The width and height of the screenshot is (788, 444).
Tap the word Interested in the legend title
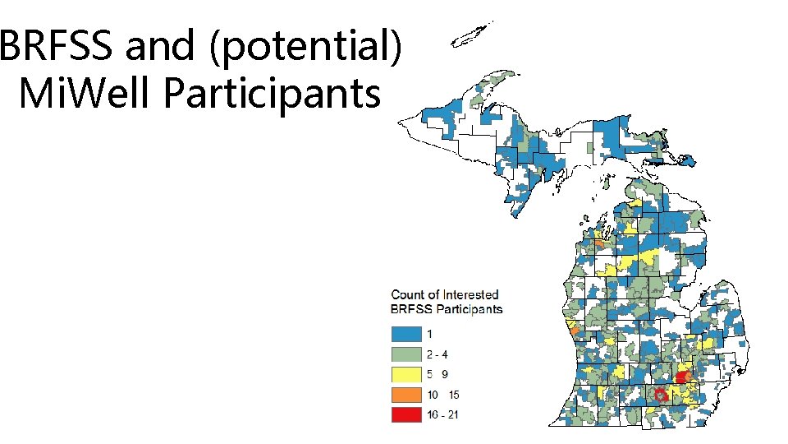[x=470, y=294]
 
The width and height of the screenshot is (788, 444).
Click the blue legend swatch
[x=406, y=334]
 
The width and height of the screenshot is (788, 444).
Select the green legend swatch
[x=406, y=354]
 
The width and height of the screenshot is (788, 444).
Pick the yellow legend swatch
[x=406, y=375]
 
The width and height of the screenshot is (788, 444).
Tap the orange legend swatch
[x=406, y=395]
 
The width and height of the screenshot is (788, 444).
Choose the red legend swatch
[x=406, y=415]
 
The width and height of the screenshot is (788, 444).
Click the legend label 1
[x=429, y=334]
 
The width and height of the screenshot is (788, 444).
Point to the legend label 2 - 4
[x=438, y=354]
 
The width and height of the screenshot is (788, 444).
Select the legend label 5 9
[x=438, y=375]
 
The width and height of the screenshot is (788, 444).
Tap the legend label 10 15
[x=442, y=395]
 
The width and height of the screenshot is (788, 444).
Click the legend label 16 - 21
[x=443, y=415]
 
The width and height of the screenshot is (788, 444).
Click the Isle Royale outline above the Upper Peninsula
[x=470, y=35]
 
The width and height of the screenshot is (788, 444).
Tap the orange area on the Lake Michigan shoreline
[x=575, y=331]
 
